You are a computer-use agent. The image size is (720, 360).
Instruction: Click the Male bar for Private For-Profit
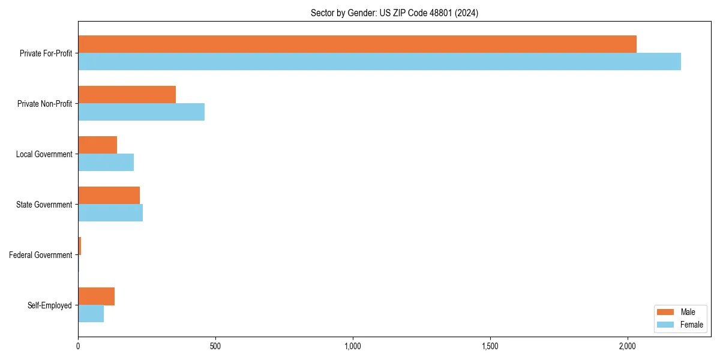357,44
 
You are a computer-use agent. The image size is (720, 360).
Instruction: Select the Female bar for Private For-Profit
379,62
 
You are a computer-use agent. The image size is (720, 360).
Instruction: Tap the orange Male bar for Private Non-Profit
127,95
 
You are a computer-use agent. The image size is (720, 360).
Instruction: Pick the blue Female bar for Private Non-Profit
141,112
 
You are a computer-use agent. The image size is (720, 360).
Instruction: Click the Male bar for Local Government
97,145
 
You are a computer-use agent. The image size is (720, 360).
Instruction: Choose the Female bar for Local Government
106,163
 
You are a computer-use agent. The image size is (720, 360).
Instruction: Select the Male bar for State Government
109,196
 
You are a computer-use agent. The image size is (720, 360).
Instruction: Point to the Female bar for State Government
110,213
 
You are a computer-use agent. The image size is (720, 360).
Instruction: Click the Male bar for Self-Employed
96,296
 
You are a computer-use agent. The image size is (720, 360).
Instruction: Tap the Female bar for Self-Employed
91,314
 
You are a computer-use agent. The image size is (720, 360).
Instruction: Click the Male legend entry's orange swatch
666,312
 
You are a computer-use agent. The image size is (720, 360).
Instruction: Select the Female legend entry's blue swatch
666,325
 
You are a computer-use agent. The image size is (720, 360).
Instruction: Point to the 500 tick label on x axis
215,347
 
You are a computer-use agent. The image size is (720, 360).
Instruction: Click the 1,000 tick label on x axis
353,347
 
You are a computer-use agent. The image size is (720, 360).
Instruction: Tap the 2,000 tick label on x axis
628,347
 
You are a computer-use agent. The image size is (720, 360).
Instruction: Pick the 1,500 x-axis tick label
490,347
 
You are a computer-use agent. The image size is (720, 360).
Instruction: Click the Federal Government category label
41,255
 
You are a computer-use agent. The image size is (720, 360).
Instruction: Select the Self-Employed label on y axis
50,305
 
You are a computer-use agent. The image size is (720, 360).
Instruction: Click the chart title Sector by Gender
394,13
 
